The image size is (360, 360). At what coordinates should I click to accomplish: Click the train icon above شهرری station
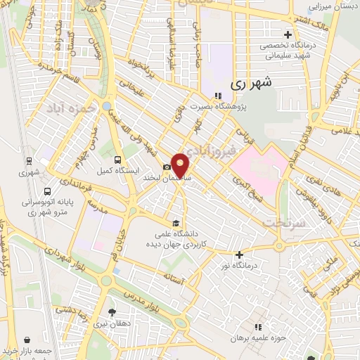(x=29, y=161)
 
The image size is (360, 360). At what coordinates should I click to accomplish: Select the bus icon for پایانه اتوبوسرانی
(x=46, y=191)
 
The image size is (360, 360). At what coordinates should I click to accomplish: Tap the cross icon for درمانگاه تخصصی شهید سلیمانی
(x=287, y=34)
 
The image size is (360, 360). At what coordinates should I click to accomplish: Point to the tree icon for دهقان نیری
(x=112, y=311)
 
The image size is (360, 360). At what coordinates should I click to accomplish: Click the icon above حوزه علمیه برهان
(x=258, y=327)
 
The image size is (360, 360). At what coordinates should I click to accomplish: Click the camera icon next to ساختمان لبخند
(x=167, y=167)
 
